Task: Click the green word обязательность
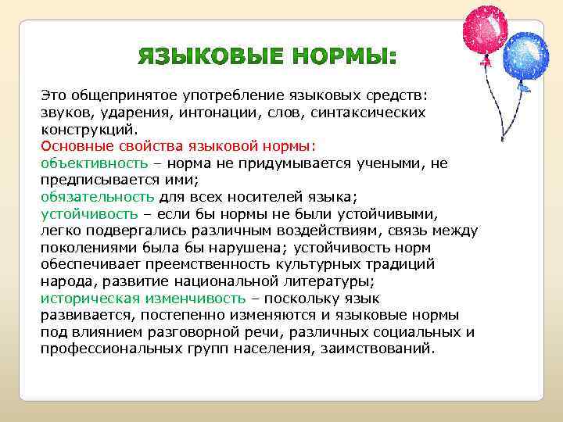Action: pyautogui.click(x=97, y=196)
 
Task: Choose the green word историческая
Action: pyautogui.click(x=90, y=298)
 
